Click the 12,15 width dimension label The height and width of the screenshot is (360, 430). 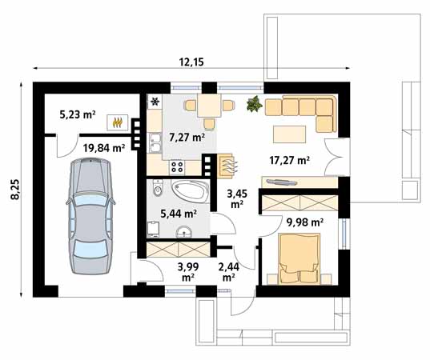191,62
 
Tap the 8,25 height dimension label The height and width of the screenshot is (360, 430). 15,190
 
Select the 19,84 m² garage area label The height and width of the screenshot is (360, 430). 104,148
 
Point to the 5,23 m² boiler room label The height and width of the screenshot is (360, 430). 78,114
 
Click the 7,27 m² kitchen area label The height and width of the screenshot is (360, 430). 187,137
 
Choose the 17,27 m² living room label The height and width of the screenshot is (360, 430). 290,160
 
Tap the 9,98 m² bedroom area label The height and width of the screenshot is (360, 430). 304,222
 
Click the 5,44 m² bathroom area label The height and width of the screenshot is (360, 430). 179,214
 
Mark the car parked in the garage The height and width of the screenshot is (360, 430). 90,216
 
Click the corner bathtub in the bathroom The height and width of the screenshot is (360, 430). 191,191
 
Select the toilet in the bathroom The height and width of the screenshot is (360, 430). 158,188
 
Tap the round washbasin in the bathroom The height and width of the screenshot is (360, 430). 184,232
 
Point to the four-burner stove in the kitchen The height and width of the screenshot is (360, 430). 177,167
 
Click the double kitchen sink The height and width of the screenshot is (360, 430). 155,143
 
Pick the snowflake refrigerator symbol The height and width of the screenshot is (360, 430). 155,102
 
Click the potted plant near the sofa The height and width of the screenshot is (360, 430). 254,104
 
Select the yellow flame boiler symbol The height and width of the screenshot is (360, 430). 118,122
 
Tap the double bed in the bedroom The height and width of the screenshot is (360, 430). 299,258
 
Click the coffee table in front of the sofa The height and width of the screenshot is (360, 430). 289,134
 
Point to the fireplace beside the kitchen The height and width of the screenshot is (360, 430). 226,166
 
